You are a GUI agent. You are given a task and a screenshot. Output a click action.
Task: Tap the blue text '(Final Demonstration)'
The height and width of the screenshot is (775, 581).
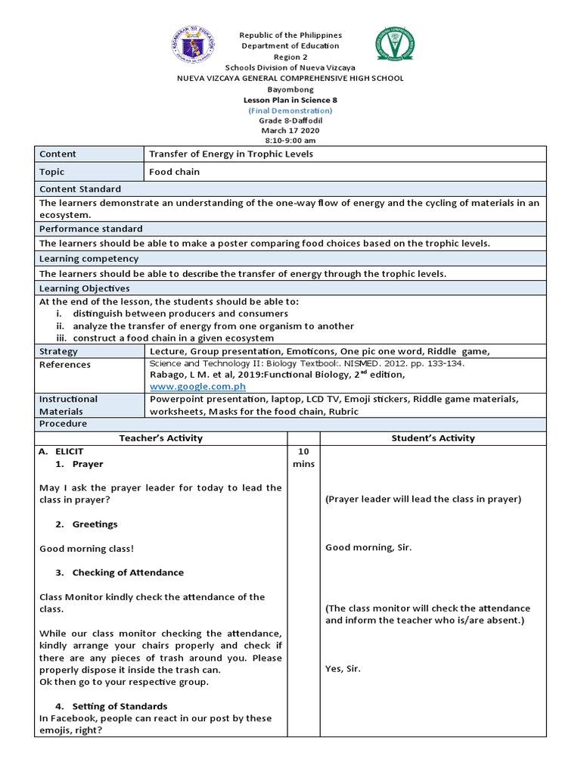click(x=290, y=110)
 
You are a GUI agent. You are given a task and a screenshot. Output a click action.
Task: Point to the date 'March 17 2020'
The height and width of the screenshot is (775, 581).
click(x=290, y=131)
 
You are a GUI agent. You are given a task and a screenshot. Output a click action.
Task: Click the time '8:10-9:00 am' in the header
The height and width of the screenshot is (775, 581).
click(x=290, y=141)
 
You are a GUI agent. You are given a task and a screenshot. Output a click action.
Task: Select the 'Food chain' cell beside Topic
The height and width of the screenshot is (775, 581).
click(x=175, y=172)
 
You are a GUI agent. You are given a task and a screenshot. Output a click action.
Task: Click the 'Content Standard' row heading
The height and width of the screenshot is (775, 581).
click(x=80, y=189)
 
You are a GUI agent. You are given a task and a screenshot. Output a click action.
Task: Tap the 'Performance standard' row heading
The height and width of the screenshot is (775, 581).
click(x=91, y=229)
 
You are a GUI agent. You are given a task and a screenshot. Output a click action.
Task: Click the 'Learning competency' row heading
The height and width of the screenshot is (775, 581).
click(x=89, y=259)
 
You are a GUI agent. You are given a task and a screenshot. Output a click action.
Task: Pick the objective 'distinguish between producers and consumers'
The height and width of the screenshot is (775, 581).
click(x=180, y=313)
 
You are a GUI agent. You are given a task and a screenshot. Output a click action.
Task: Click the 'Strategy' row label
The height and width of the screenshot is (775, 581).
click(x=58, y=352)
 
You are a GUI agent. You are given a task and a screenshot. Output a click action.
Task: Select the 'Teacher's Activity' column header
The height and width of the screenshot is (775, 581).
click(x=161, y=438)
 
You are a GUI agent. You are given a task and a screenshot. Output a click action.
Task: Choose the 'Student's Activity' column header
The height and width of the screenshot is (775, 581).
click(x=433, y=438)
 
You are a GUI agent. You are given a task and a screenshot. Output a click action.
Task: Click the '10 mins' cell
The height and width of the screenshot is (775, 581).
click(x=303, y=457)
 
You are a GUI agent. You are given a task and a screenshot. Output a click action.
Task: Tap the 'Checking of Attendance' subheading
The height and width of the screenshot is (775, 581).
click(x=128, y=573)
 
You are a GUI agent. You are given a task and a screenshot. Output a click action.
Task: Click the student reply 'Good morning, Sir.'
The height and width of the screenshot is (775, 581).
click(x=368, y=547)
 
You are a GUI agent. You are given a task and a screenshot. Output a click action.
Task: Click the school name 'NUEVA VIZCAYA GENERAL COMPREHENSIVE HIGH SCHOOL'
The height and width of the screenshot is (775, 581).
click(x=290, y=78)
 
